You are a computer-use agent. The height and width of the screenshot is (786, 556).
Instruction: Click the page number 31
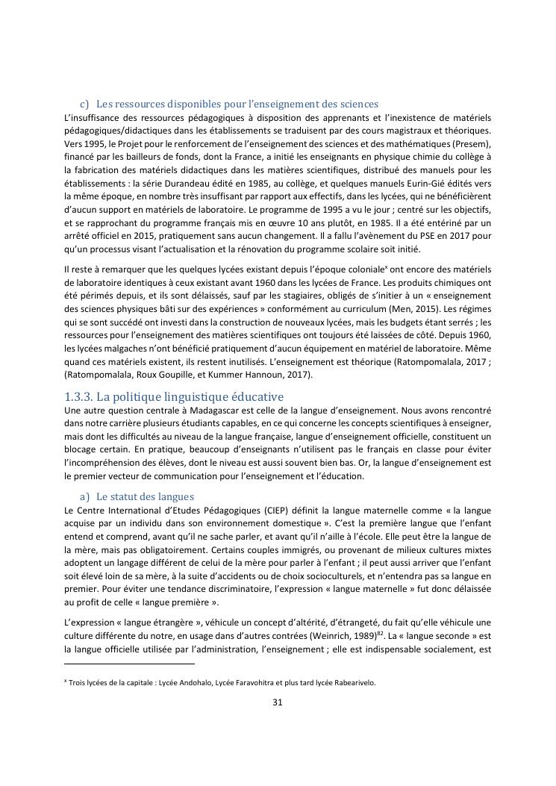click(277, 702)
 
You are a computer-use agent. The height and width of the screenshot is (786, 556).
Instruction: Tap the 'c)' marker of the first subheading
click(84, 104)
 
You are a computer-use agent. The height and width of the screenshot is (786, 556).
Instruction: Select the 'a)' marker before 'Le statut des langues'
click(84, 496)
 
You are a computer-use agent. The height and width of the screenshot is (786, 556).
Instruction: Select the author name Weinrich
click(343, 636)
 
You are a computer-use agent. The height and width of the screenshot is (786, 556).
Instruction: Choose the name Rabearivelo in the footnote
click(352, 682)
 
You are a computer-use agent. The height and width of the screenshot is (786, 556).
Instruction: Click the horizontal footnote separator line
click(129, 664)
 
